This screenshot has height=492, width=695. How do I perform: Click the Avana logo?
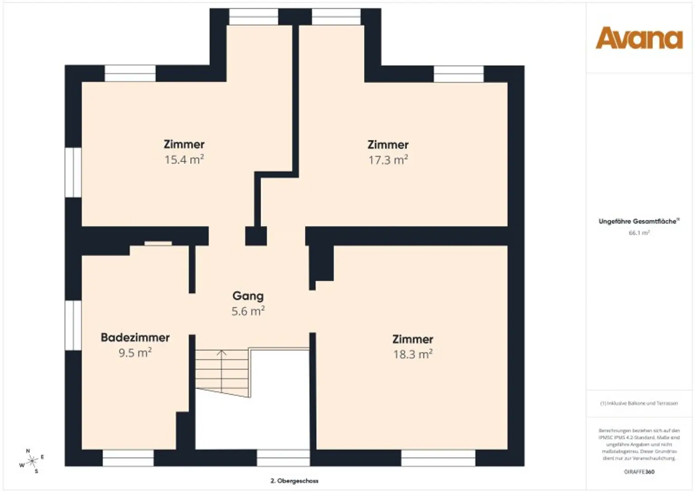639,38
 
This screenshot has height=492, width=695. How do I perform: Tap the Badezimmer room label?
135,337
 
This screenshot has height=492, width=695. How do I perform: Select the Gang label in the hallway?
248,296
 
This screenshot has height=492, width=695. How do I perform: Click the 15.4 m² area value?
184,160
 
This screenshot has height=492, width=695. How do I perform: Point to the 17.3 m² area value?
388,160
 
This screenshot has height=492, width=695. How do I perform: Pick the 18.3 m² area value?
413,354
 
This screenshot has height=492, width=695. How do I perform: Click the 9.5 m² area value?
135,353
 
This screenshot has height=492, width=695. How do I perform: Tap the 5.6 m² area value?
248,311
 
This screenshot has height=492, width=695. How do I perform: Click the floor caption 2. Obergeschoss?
294,481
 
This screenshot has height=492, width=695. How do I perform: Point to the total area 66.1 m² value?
639,233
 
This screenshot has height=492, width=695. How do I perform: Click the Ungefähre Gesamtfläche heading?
638,221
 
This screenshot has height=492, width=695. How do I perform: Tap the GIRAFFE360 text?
639,472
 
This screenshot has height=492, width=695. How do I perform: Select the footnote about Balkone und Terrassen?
639,403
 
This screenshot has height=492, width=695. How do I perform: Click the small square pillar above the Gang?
256,236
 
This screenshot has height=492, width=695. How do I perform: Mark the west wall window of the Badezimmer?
73,325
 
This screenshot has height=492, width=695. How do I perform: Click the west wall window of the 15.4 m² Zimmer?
73,172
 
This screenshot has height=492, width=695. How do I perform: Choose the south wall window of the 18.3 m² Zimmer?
438,458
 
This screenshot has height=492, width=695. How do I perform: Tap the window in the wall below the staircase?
283,458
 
